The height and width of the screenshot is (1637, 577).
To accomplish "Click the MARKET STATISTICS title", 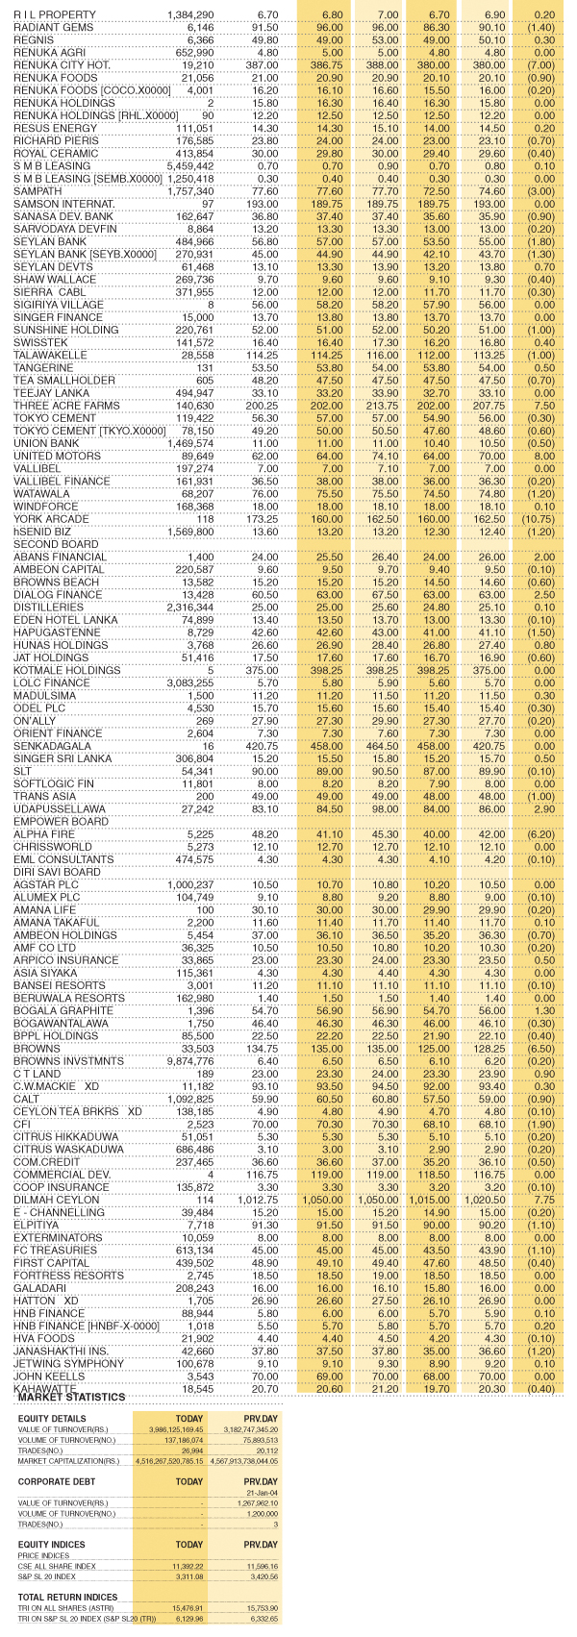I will click(x=72, y=1396).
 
